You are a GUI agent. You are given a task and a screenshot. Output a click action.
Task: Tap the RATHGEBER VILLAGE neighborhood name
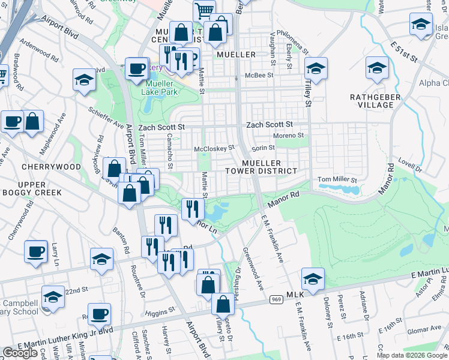click(373, 100)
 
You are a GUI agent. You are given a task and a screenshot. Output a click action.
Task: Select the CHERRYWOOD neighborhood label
click(50, 166)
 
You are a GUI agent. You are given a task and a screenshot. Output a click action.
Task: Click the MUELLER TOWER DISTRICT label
click(270, 167)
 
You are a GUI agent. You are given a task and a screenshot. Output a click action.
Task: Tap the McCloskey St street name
click(214, 148)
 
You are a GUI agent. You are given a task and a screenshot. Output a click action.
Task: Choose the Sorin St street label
click(263, 148)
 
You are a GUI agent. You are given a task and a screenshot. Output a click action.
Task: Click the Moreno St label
click(289, 136)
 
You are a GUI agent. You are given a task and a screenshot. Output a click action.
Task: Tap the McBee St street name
click(262, 76)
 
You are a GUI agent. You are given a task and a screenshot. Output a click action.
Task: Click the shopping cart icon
click(204, 11)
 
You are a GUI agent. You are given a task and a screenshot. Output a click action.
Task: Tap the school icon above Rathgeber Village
click(377, 68)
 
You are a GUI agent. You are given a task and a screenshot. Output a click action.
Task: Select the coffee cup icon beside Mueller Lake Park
click(137, 68)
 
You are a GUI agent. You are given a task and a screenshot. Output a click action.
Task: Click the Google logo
click(20, 353)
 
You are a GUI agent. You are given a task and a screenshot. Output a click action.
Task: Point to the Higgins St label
click(158, 311)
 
